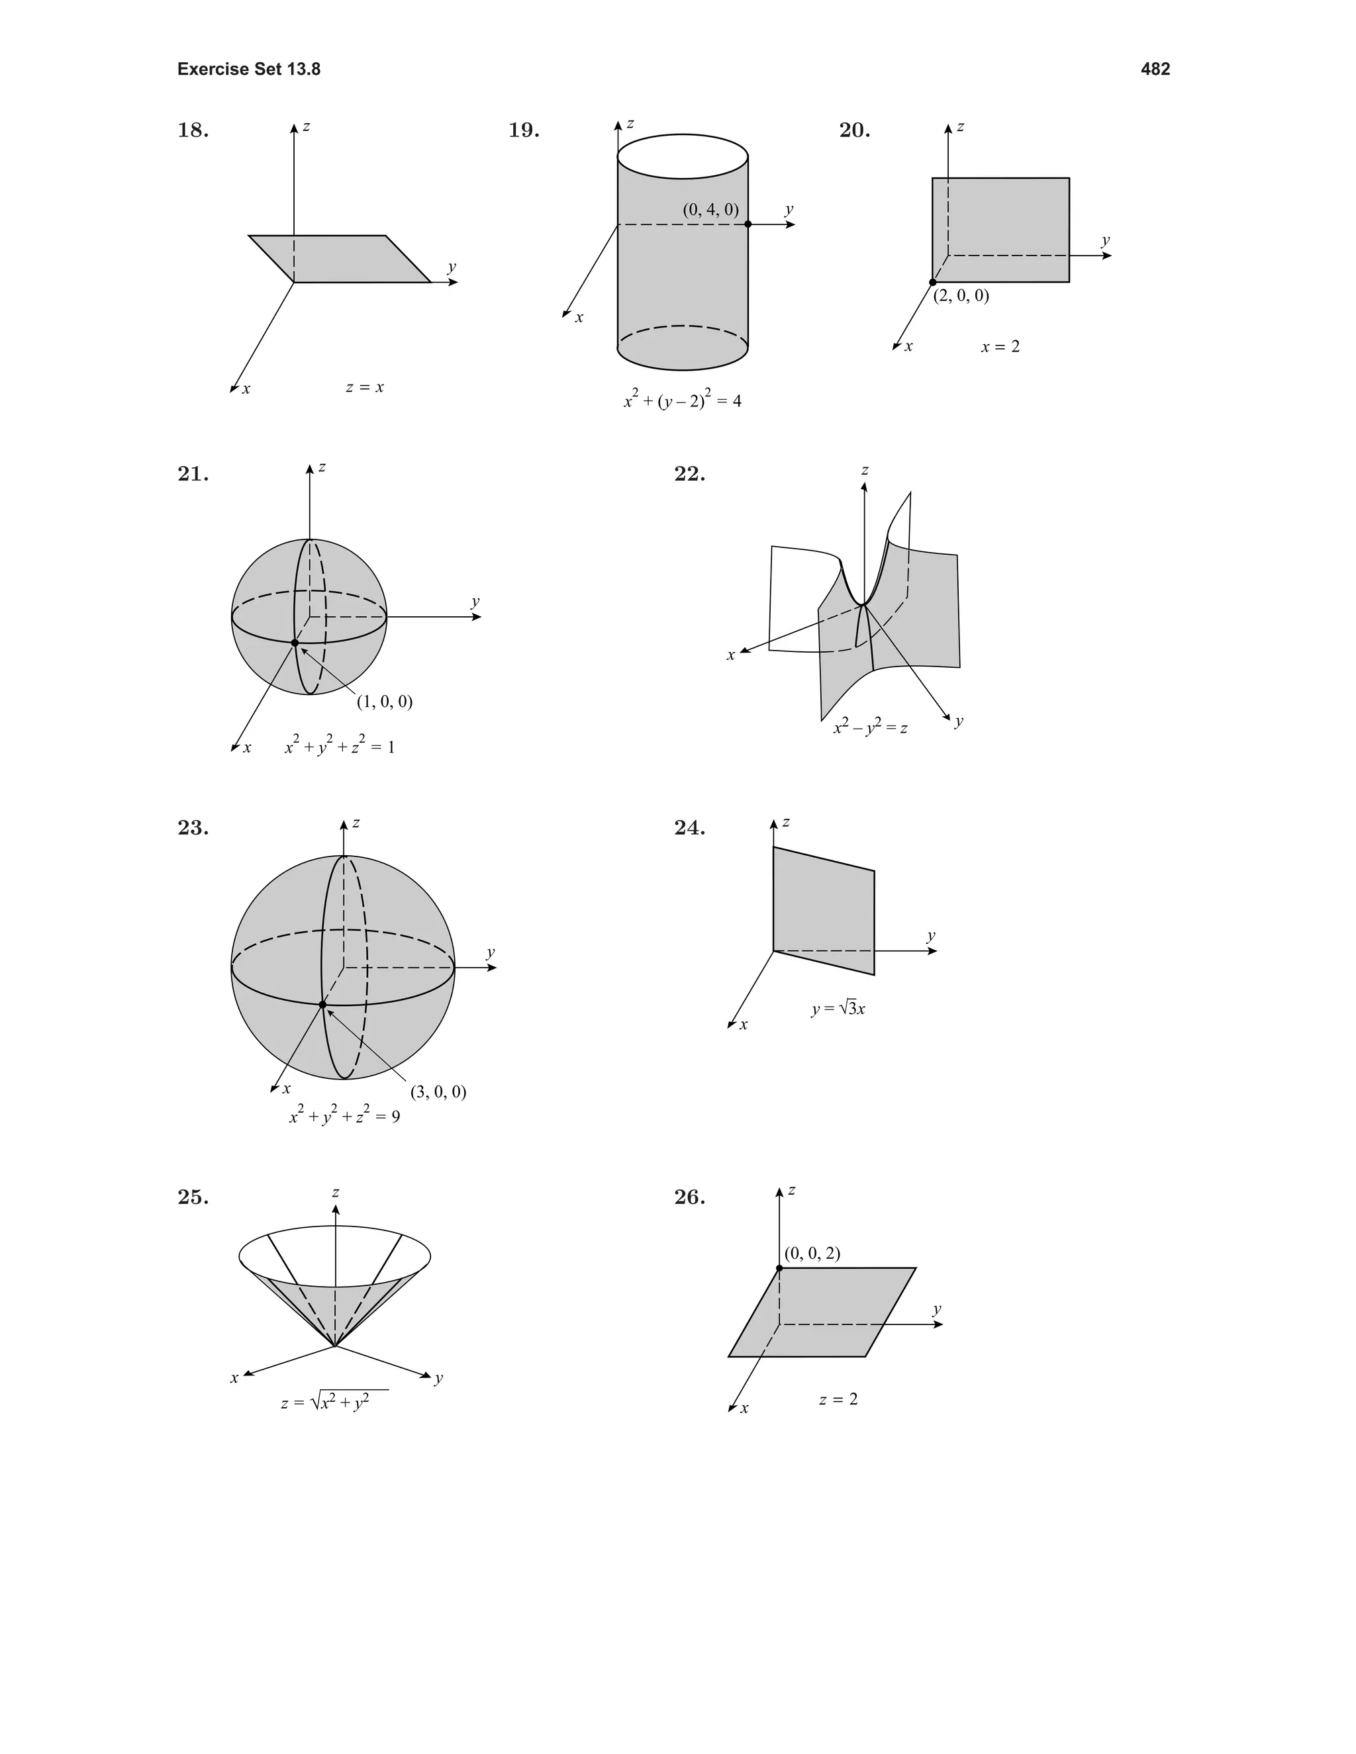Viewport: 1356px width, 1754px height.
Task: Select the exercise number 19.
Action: pos(523,130)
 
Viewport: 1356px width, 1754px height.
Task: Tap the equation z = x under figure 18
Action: pos(365,387)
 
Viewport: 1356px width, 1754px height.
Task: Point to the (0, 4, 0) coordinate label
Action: pos(710,210)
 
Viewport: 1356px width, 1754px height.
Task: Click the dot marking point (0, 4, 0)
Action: pos(748,224)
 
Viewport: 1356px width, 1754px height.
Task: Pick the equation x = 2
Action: pos(1000,347)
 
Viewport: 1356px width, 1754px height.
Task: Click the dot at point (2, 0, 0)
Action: pos(933,282)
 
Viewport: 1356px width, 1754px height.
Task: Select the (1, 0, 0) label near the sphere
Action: pos(384,702)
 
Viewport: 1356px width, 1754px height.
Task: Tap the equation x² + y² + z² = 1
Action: pos(340,746)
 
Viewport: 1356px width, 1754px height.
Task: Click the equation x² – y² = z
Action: pos(870,727)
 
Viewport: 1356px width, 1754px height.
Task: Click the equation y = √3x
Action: pos(838,1009)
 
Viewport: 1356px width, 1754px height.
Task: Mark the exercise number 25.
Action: pos(193,1197)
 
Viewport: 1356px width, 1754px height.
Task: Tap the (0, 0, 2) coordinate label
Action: pos(812,1254)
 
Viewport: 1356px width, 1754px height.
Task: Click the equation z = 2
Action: pos(838,1399)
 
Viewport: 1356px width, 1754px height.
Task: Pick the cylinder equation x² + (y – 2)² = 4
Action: pos(682,400)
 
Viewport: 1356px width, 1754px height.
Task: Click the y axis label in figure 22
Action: pos(958,721)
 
